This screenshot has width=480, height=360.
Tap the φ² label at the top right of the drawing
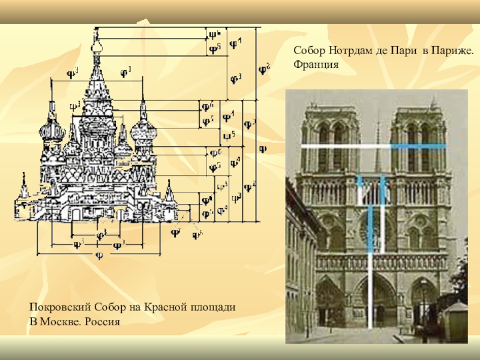[x=263, y=70]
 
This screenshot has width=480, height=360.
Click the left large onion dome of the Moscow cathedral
[x=52, y=131]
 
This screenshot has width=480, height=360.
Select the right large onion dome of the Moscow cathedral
[x=143, y=131]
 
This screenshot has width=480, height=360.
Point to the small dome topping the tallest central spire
[x=96, y=44]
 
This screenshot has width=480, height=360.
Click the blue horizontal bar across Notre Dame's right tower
[x=418, y=146]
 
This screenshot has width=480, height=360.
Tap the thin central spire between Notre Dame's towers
[x=377, y=144]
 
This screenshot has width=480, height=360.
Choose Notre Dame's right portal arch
[x=422, y=300]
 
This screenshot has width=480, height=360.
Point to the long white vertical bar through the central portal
[x=370, y=270]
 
